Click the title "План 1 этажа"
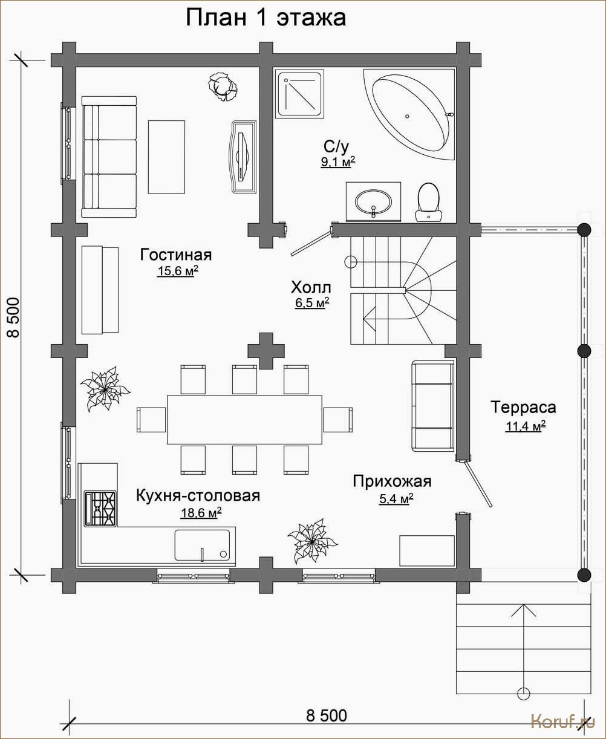266,18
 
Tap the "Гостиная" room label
176,255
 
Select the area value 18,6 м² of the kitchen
201,513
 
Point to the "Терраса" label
523,408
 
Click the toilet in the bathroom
428,202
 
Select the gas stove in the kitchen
100,508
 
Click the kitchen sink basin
202,545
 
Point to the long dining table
245,420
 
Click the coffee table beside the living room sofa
166,157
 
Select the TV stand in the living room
244,156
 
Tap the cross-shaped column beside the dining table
266,351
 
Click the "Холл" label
311,288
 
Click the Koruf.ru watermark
563,722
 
